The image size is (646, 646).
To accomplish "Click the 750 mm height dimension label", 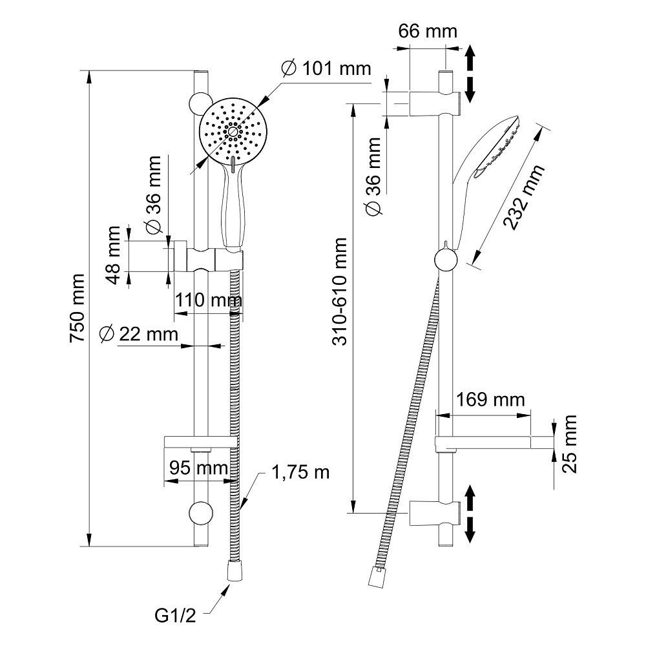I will point(78,309).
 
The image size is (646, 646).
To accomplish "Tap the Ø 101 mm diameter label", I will point(318,68).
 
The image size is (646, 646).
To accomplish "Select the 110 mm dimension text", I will point(207,300).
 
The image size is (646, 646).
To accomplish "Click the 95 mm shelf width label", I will point(200,467).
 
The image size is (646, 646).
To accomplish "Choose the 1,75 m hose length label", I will point(300,472).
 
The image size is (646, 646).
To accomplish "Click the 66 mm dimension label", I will point(427,31).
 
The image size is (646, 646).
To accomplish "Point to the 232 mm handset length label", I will point(523,197).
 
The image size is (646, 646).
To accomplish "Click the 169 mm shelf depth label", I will point(490,400).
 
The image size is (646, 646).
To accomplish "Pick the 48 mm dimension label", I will point(114,255).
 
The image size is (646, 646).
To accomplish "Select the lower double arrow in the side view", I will point(470,514).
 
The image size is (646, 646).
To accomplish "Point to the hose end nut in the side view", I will point(375,577).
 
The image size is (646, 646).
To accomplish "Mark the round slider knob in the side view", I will point(446,260).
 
